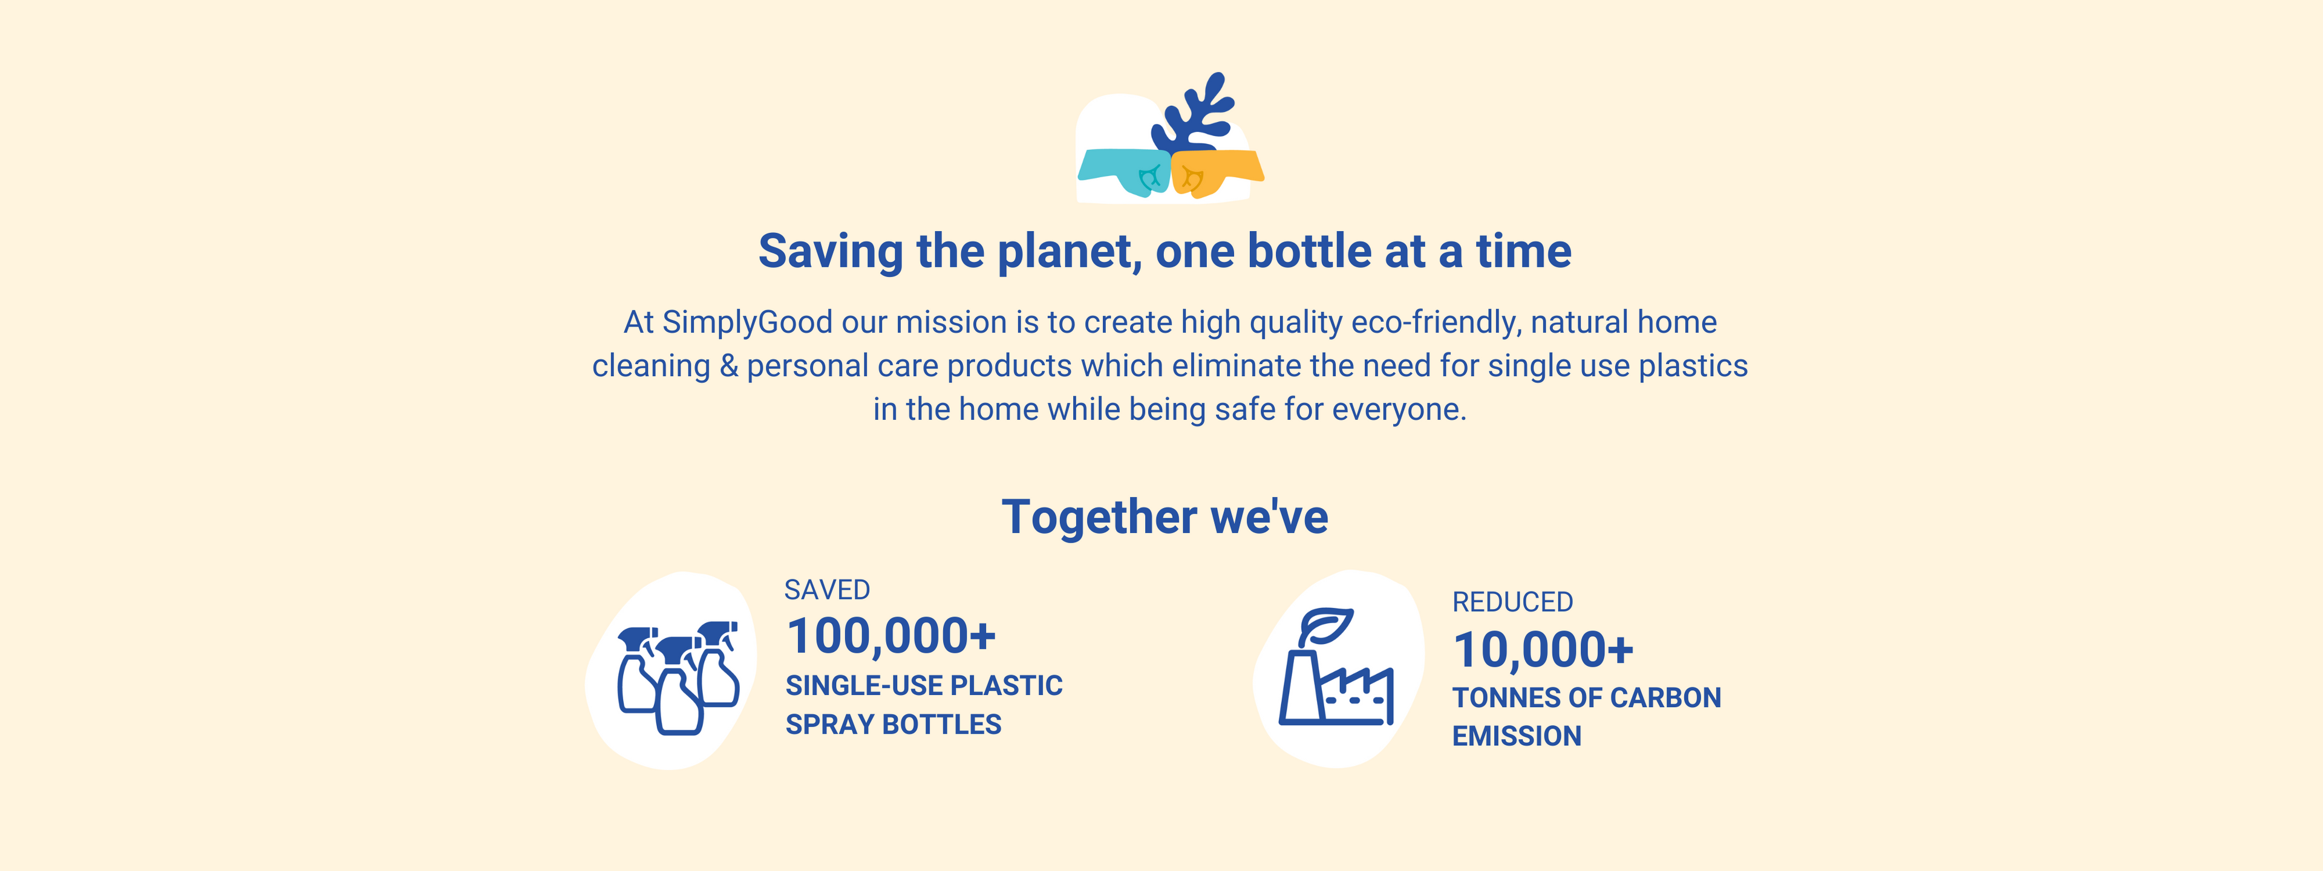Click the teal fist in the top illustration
click(1125, 171)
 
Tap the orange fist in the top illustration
click(1217, 172)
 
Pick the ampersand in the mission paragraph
click(728, 366)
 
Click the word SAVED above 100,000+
click(827, 590)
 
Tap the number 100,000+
click(891, 636)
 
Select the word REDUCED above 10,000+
click(1512, 602)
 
